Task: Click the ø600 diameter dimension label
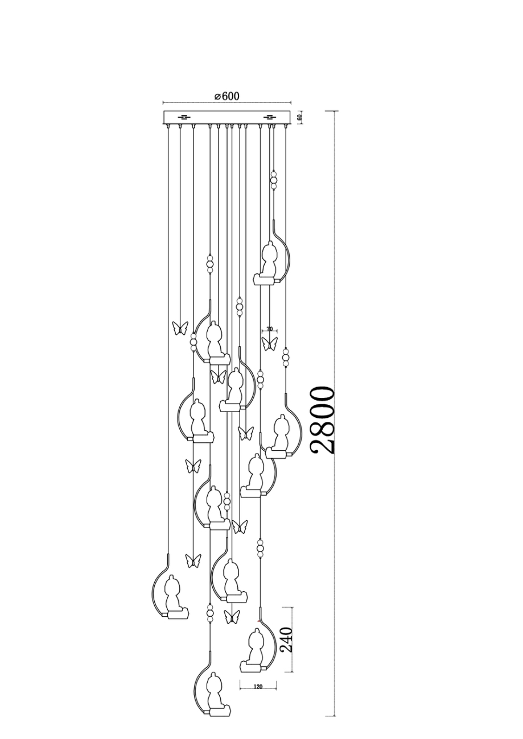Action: (x=227, y=96)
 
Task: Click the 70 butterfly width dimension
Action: (x=269, y=329)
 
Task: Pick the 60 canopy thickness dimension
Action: (x=300, y=117)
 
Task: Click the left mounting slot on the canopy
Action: (x=184, y=117)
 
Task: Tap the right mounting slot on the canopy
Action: (x=270, y=117)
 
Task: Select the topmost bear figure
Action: (x=269, y=259)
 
